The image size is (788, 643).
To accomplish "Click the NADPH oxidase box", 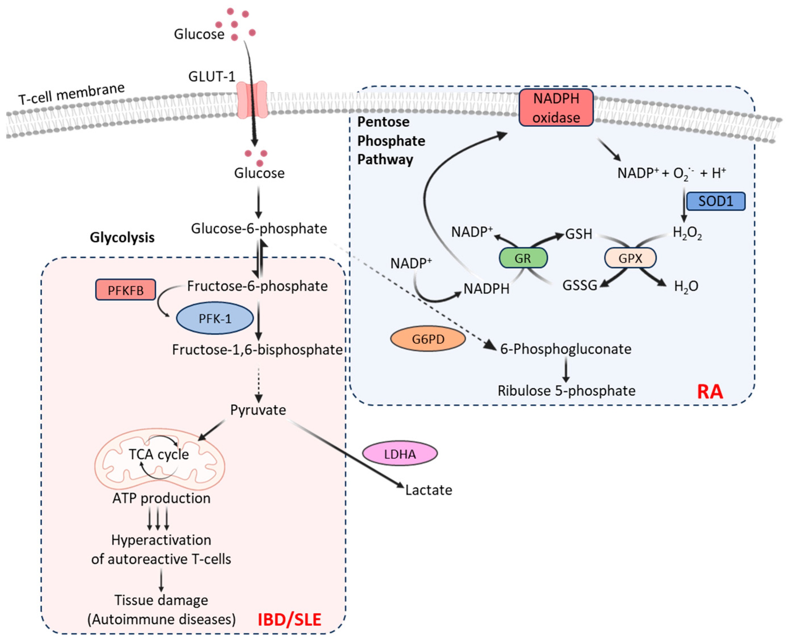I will (x=556, y=108).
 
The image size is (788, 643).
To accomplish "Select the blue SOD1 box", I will (x=715, y=201).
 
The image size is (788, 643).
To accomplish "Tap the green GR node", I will (x=523, y=258).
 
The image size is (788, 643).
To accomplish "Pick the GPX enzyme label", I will (x=630, y=258).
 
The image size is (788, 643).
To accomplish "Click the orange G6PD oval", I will (x=428, y=339).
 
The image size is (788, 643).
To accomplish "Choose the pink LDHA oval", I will (x=400, y=454).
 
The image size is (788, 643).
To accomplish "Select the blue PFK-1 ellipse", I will (x=215, y=319).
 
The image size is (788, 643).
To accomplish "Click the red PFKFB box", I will (x=126, y=290).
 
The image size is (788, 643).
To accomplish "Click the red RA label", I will (x=710, y=392).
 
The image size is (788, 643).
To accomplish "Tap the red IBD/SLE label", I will (x=289, y=620).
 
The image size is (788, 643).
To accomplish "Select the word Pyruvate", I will (x=258, y=410).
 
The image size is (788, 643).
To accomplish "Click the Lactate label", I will (x=429, y=490).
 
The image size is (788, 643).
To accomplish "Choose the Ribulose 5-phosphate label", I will (x=566, y=391).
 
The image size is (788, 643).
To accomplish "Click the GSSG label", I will (x=580, y=285).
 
